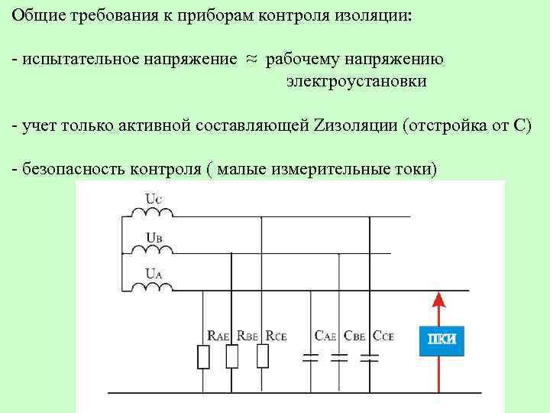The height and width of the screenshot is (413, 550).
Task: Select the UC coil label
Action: pyautogui.click(x=154, y=200)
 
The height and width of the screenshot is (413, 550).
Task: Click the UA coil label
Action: pyautogui.click(x=154, y=272)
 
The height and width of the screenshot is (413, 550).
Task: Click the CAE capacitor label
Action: pyautogui.click(x=326, y=335)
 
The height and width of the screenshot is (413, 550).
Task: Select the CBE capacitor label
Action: pyautogui.click(x=354, y=335)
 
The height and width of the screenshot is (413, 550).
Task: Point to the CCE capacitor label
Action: pyautogui.click(x=382, y=335)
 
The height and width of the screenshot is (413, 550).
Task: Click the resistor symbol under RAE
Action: pyautogui.click(x=204, y=357)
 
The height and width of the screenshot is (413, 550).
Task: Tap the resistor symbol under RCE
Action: pyautogui.click(x=262, y=356)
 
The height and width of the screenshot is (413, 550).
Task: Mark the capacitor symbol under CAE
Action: pyautogui.click(x=310, y=357)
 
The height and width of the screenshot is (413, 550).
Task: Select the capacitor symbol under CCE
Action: pyautogui.click(x=369, y=357)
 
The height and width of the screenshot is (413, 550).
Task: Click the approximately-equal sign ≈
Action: pyautogui.click(x=251, y=59)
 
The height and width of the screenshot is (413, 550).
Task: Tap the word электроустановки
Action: pyautogui.click(x=357, y=81)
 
